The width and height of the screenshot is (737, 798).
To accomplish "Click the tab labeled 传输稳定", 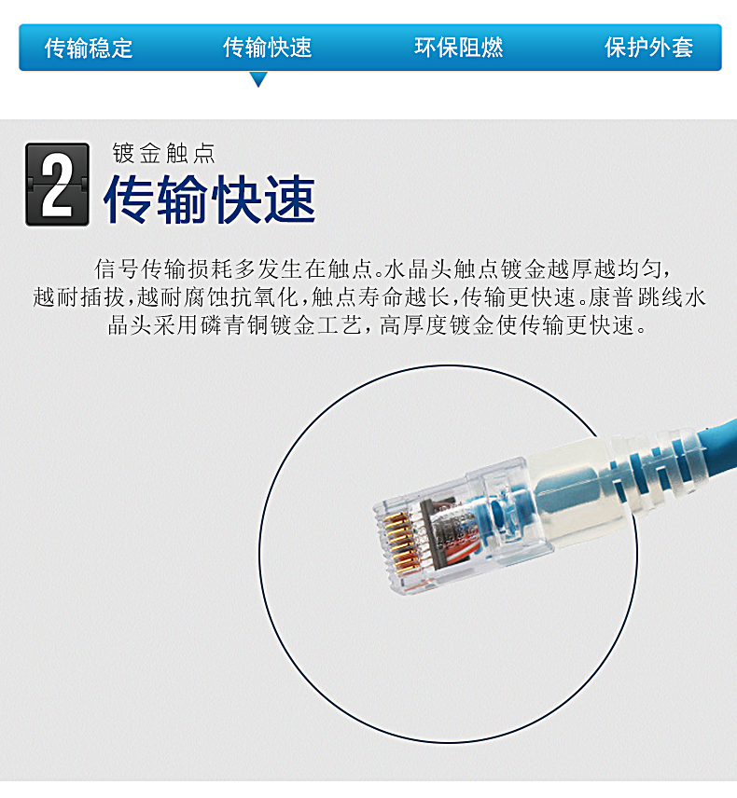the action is [x=89, y=48].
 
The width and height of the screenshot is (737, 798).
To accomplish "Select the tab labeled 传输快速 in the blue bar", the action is [x=268, y=48].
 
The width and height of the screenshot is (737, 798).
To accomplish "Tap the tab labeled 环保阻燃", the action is [x=458, y=48].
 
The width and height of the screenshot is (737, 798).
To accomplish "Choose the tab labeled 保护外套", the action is [x=649, y=48].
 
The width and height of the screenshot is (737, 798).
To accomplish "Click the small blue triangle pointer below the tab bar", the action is [x=258, y=79].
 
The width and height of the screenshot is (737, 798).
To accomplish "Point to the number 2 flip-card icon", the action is [x=58, y=185].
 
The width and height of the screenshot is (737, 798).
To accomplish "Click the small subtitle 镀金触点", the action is [x=164, y=153].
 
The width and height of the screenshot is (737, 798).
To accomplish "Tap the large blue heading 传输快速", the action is [x=210, y=199].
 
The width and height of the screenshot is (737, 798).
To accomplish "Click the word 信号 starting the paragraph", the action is [x=118, y=268].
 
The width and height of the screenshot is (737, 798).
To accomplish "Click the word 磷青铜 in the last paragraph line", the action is [x=235, y=325].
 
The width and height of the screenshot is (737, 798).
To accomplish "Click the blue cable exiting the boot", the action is [x=722, y=447].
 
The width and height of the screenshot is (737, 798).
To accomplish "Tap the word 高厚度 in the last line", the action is [x=413, y=325].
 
